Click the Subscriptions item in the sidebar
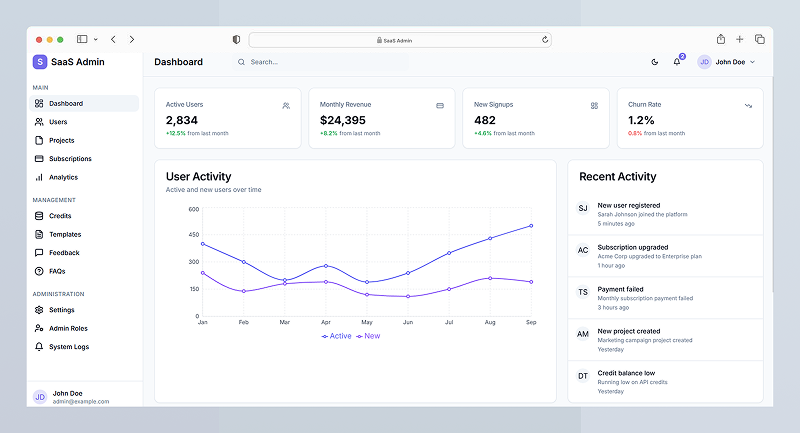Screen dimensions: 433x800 click(70, 159)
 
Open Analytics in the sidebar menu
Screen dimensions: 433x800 click(63, 177)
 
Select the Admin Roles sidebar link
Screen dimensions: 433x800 click(68, 328)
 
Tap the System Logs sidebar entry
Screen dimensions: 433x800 click(69, 347)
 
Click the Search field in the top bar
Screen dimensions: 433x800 click(320, 62)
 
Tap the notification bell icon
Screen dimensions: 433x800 click(677, 62)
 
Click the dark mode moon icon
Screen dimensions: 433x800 click(655, 62)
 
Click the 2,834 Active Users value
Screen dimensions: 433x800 click(182, 120)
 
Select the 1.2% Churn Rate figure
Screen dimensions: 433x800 click(641, 120)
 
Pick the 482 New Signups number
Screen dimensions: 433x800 click(485, 120)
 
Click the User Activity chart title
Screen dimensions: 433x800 click(199, 176)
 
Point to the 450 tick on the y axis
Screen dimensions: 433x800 click(194, 235)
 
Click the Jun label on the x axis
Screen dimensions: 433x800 click(408, 322)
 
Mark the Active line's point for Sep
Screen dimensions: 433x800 click(531, 226)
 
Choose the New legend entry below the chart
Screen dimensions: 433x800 click(368, 336)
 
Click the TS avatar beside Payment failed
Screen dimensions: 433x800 click(583, 292)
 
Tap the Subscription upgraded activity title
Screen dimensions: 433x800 click(633, 247)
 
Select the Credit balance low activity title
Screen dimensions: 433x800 click(626, 373)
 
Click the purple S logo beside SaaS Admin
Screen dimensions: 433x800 click(40, 62)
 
